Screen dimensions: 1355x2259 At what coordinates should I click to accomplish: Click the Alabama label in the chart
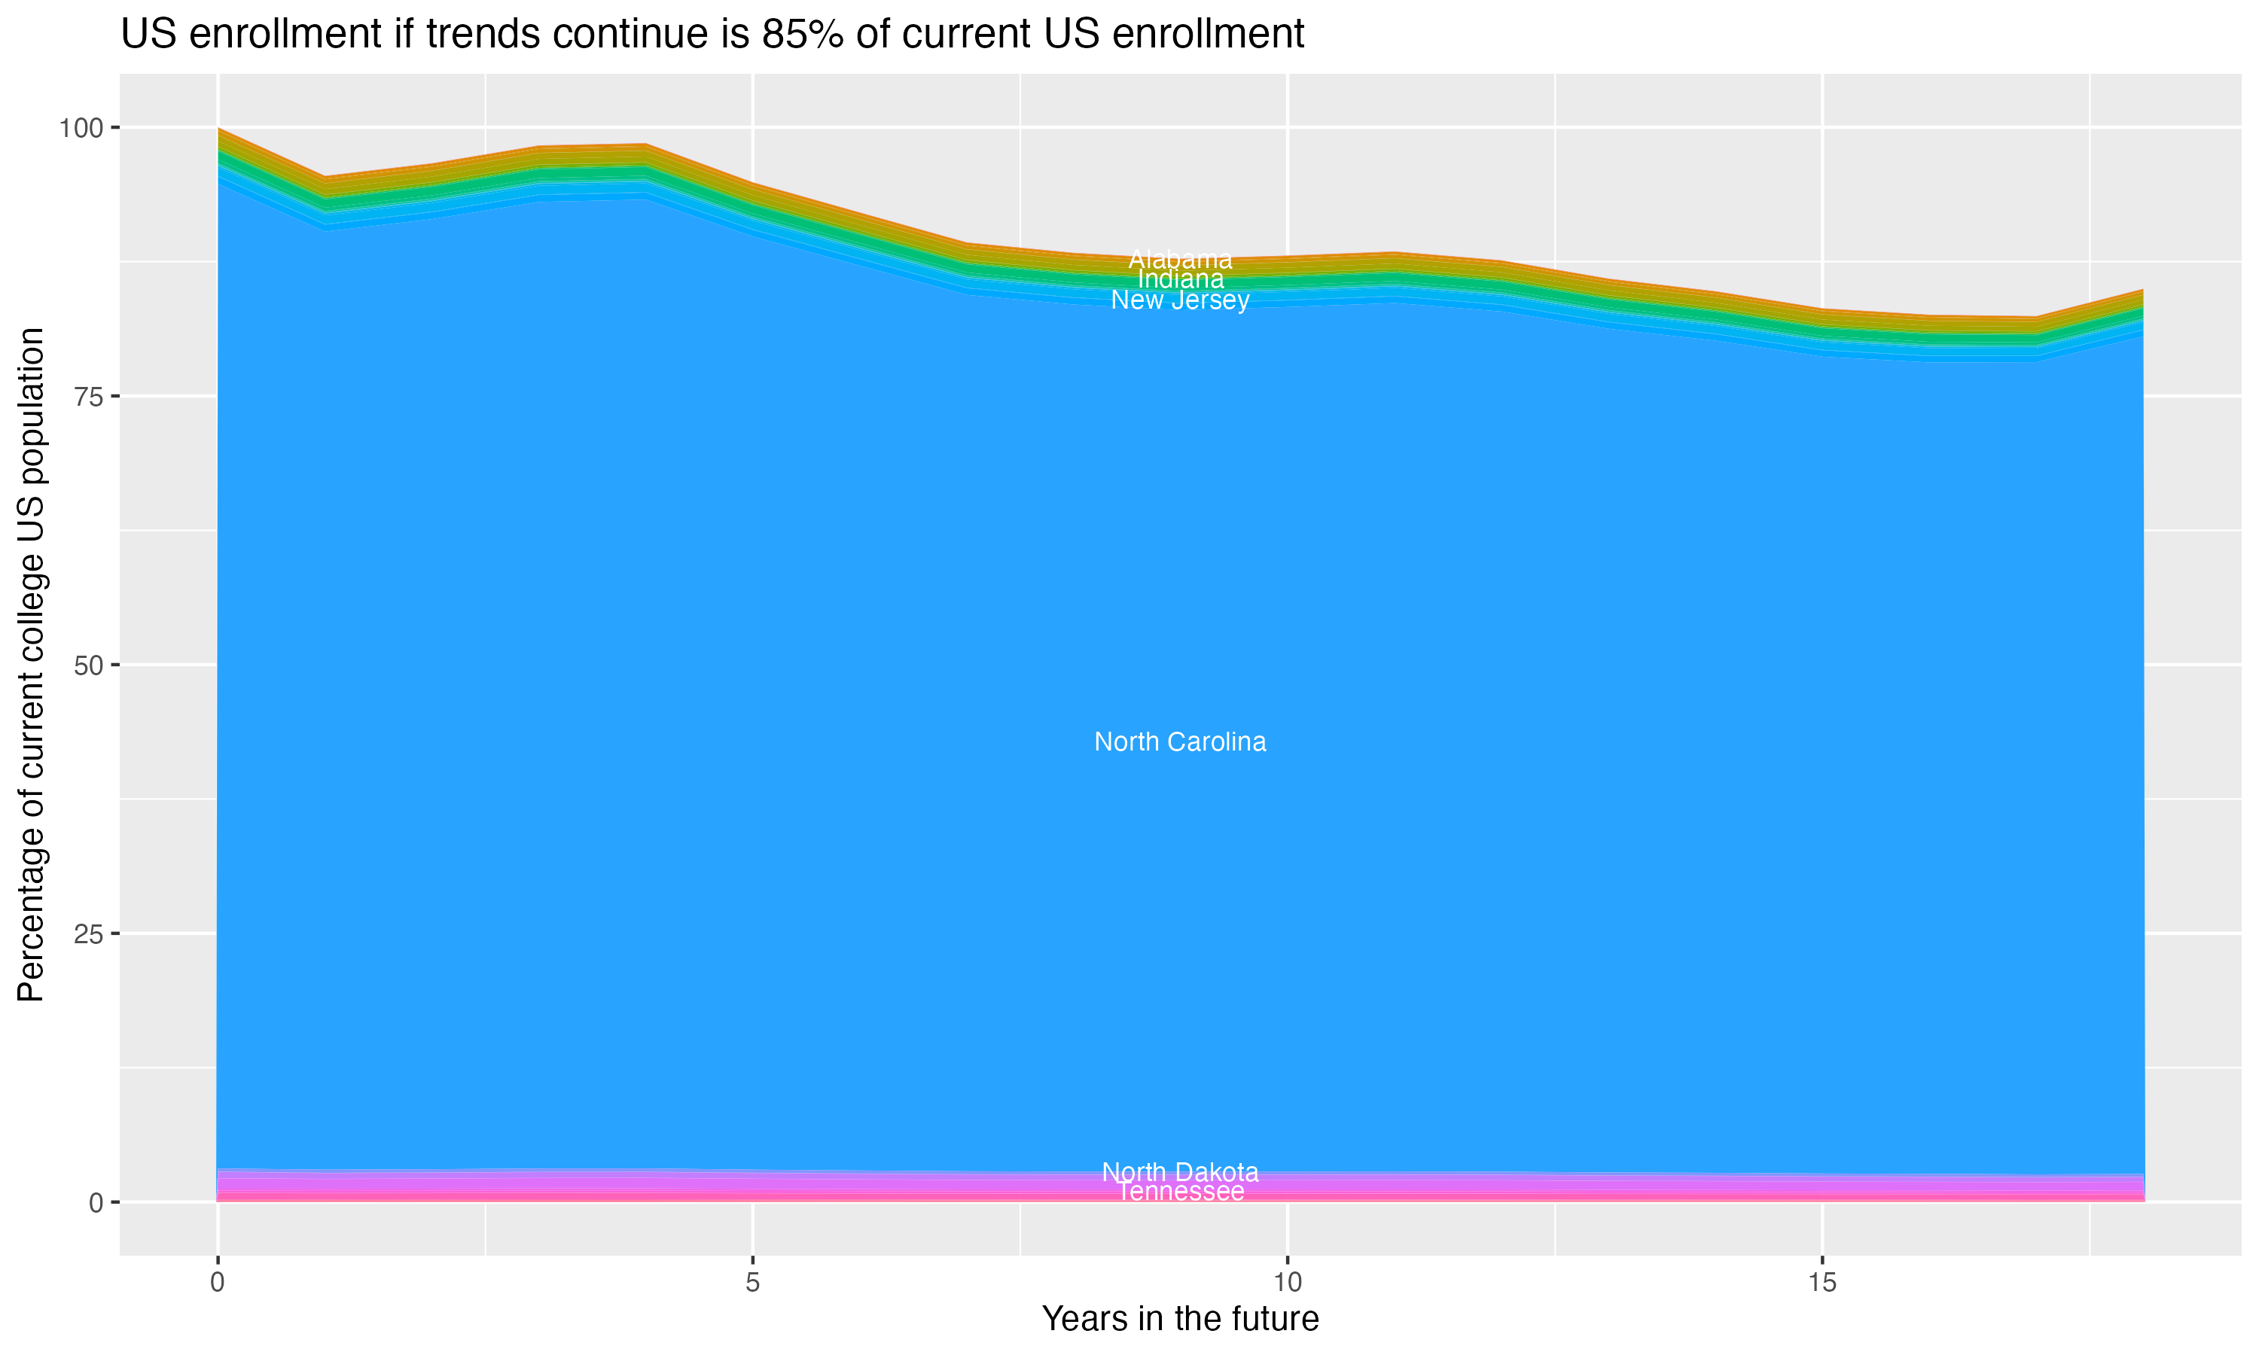point(1180,259)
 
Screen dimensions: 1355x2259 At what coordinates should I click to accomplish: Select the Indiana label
point(1180,279)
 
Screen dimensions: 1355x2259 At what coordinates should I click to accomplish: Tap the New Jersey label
point(1180,300)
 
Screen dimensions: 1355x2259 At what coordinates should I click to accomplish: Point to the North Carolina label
point(1180,742)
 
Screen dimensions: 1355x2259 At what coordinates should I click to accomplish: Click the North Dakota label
point(1180,1171)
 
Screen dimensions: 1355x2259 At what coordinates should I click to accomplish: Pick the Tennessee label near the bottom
point(1180,1192)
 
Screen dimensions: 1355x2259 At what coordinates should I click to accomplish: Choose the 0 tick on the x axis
point(218,1283)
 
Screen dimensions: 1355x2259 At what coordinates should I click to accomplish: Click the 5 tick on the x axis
point(752,1283)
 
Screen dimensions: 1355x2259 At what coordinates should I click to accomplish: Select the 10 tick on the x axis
point(1287,1283)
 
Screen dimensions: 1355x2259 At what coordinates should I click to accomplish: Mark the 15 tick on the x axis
point(1822,1283)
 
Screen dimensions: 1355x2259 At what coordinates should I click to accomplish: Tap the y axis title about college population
point(31,665)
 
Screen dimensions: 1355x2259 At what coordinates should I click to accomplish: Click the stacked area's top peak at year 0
point(218,129)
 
